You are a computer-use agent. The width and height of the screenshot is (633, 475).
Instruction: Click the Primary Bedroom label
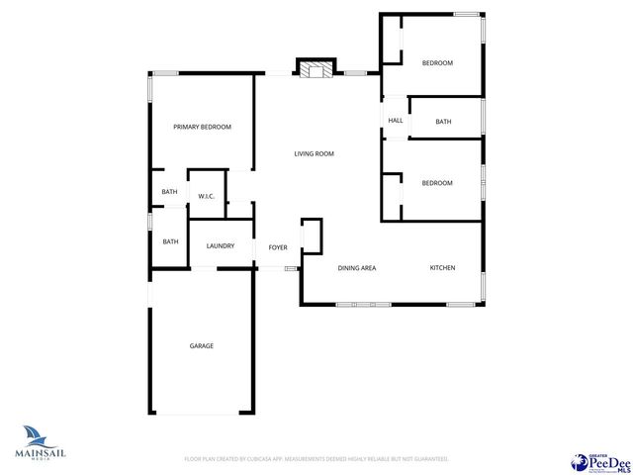pyautogui.click(x=202, y=127)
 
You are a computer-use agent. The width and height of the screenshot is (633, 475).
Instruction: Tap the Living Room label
pyautogui.click(x=314, y=153)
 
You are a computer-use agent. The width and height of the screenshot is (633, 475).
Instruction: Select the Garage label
pyautogui.click(x=202, y=345)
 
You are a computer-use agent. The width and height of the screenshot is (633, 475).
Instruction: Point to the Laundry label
pyautogui.click(x=220, y=245)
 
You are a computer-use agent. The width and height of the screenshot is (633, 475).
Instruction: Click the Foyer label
pyautogui.click(x=278, y=246)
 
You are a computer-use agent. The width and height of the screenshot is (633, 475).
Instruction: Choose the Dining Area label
pyautogui.click(x=356, y=268)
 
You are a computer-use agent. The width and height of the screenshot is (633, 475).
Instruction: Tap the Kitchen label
pyautogui.click(x=441, y=268)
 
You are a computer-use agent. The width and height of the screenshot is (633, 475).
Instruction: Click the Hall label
pyautogui.click(x=396, y=121)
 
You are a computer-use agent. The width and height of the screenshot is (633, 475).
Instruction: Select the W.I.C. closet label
pyautogui.click(x=207, y=196)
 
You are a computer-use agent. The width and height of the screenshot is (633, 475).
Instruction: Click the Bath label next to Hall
pyautogui.click(x=443, y=122)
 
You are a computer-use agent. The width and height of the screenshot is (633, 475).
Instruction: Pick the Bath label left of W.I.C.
pyautogui.click(x=170, y=192)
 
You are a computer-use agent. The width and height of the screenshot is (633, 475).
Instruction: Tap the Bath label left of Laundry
pyautogui.click(x=170, y=241)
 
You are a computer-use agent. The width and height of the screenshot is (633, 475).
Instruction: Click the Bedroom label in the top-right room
pyautogui.click(x=437, y=63)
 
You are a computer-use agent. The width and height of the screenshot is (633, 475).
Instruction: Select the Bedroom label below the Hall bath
pyautogui.click(x=437, y=183)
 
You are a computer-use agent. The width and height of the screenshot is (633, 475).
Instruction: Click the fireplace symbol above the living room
pyautogui.click(x=316, y=69)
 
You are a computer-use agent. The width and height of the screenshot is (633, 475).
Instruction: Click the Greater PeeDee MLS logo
pyautogui.click(x=601, y=462)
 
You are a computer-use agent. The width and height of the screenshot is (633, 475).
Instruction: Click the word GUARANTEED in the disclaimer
pyautogui.click(x=428, y=459)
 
